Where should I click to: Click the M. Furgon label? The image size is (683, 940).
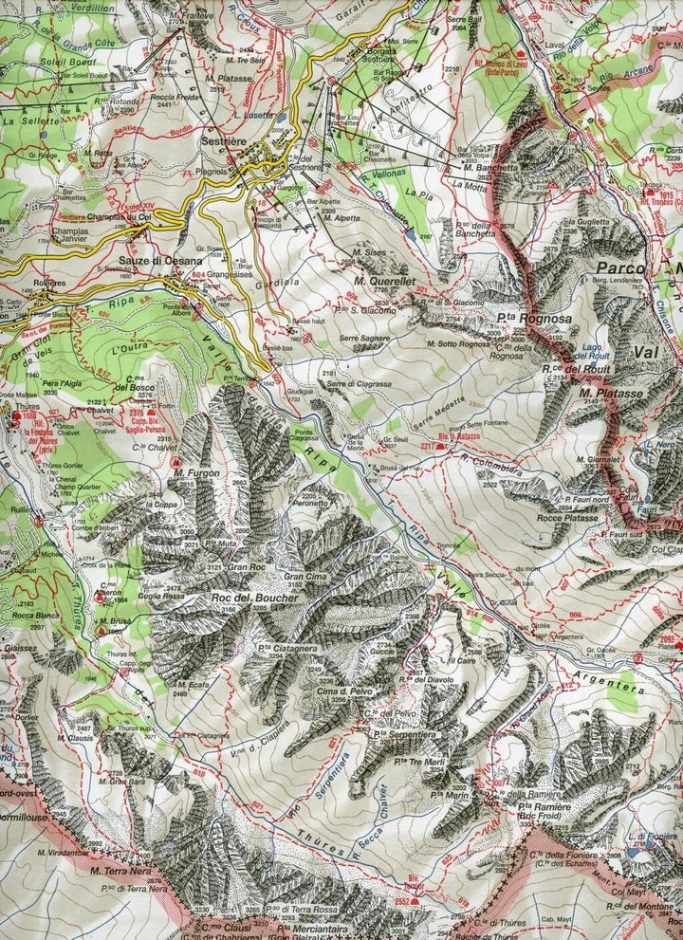pyautogui.click(x=196, y=472)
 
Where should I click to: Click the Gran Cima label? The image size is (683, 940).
pyautogui.click(x=305, y=577)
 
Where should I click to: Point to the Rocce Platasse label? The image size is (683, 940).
pyautogui.click(x=567, y=518)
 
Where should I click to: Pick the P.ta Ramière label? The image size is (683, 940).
pyautogui.click(x=544, y=806)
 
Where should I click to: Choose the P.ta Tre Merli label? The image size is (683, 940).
pyautogui.click(x=397, y=761)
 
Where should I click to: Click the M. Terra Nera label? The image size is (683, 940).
pyautogui.click(x=121, y=867)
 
